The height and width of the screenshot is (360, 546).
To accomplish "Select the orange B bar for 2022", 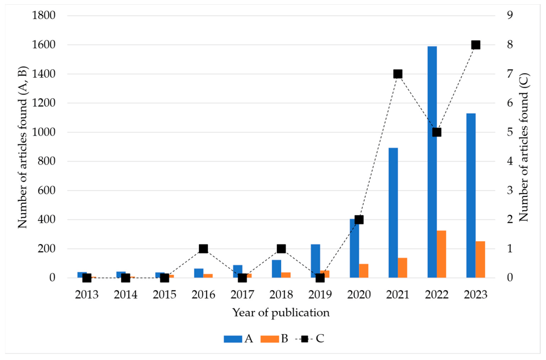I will point(441,254).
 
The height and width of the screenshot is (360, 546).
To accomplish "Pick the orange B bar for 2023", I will point(480,259).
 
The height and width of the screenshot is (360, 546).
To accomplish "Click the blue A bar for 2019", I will point(315,261).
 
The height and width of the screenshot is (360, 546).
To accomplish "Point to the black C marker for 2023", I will point(476,45).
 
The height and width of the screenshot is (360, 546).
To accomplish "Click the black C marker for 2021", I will point(398,74).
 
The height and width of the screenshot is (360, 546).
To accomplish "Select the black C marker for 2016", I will point(203,248).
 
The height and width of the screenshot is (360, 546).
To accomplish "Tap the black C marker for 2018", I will point(281,248).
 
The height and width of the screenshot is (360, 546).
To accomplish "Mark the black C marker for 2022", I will point(437,132).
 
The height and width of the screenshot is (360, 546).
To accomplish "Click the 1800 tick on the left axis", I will point(44,15).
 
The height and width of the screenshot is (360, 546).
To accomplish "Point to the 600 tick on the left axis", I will point(47,190).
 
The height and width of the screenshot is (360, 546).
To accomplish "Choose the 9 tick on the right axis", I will point(510,15).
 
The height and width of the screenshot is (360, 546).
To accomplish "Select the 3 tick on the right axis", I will point(510,190).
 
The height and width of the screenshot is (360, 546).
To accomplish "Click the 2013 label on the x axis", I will point(87,295).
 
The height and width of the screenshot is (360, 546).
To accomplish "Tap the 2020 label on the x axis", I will point(359,295).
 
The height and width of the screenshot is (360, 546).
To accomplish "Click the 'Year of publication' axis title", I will point(281,313).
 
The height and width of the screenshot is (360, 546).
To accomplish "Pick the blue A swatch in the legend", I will point(233,339).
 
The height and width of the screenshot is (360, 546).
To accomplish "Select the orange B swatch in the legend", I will point(269,339).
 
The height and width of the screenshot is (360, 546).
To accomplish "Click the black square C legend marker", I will point(304,339).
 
